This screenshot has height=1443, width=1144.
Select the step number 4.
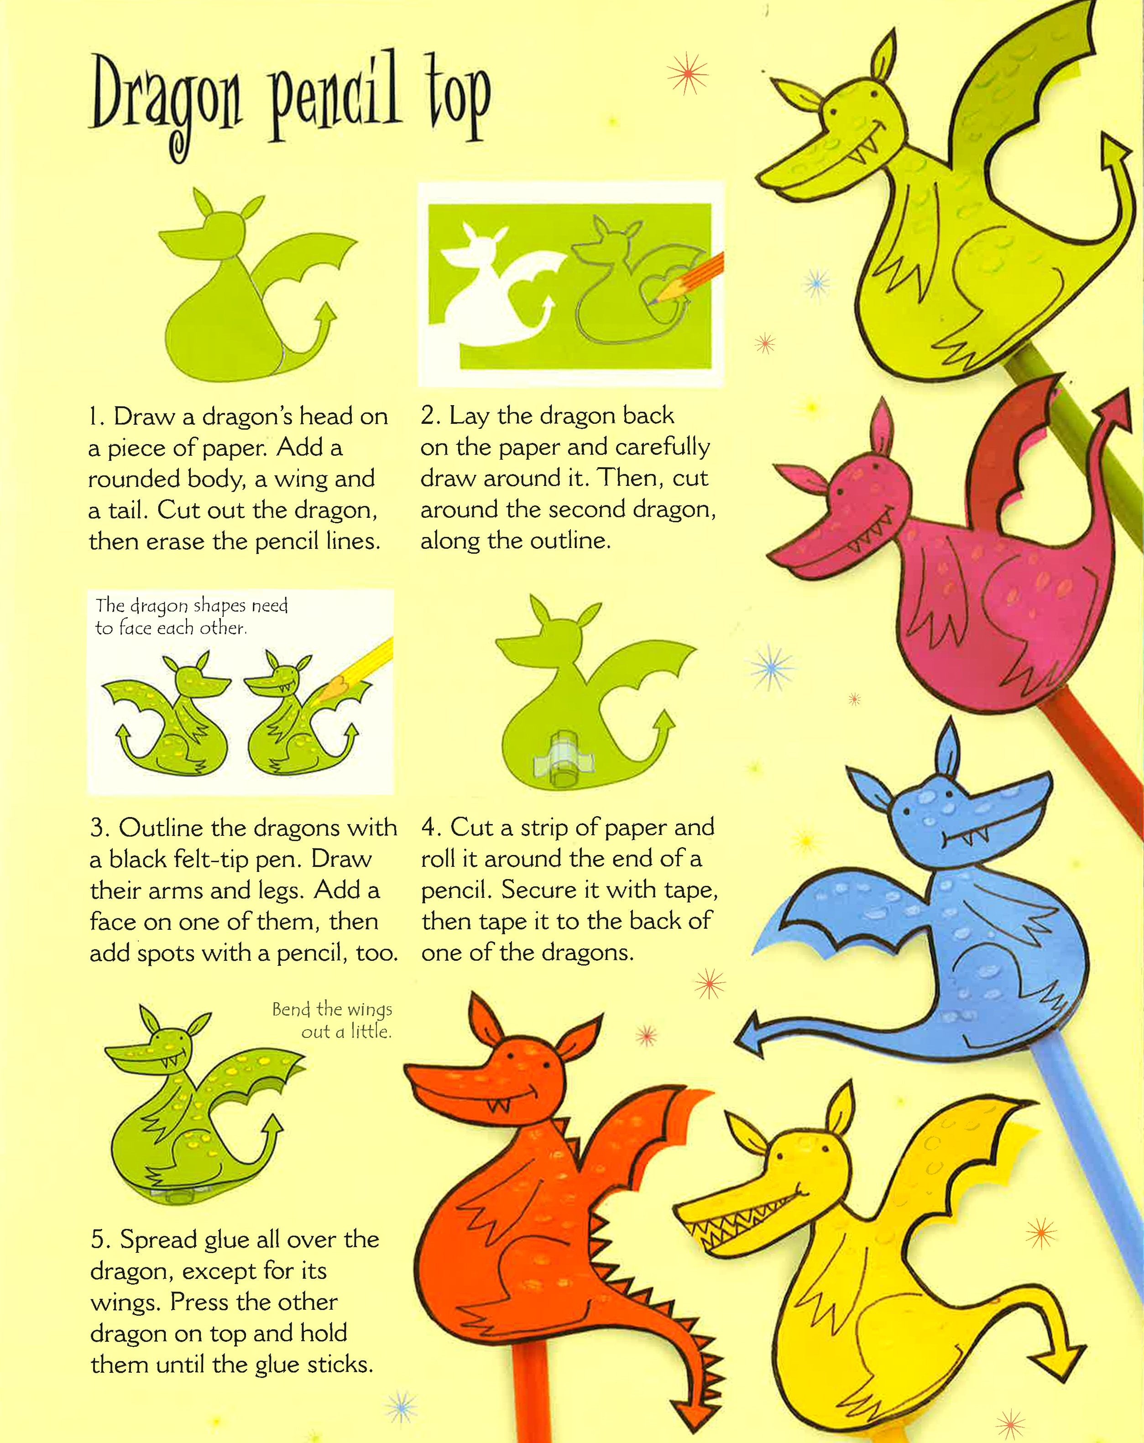pos(430,828)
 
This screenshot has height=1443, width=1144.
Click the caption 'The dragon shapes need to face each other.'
pos(192,616)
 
